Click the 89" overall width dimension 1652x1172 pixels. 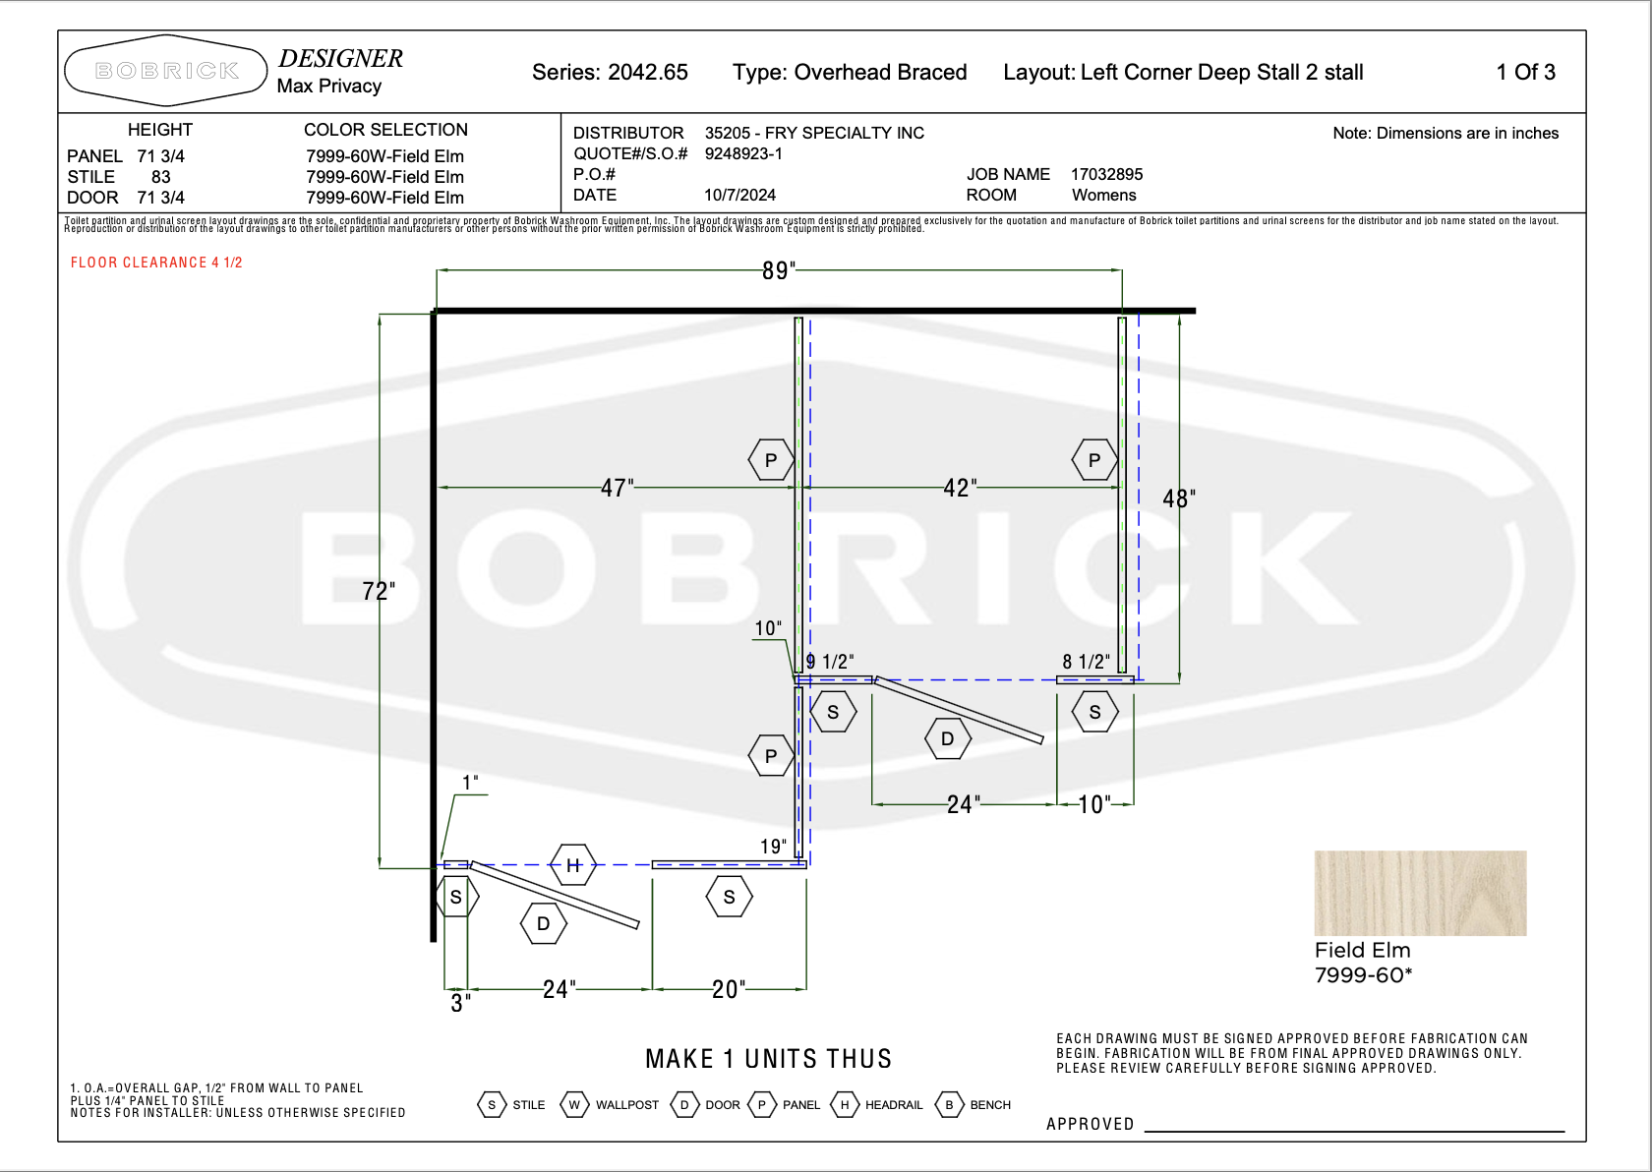click(779, 270)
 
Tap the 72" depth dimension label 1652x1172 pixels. click(379, 592)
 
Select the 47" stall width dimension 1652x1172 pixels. click(618, 488)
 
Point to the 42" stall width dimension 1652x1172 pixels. click(960, 488)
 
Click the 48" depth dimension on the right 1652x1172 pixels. click(1179, 498)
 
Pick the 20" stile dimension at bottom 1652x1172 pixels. click(729, 989)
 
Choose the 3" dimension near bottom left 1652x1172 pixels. click(460, 1003)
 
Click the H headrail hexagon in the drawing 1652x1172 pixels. click(573, 865)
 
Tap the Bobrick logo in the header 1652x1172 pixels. click(166, 71)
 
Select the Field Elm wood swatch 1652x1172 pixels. click(1420, 893)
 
